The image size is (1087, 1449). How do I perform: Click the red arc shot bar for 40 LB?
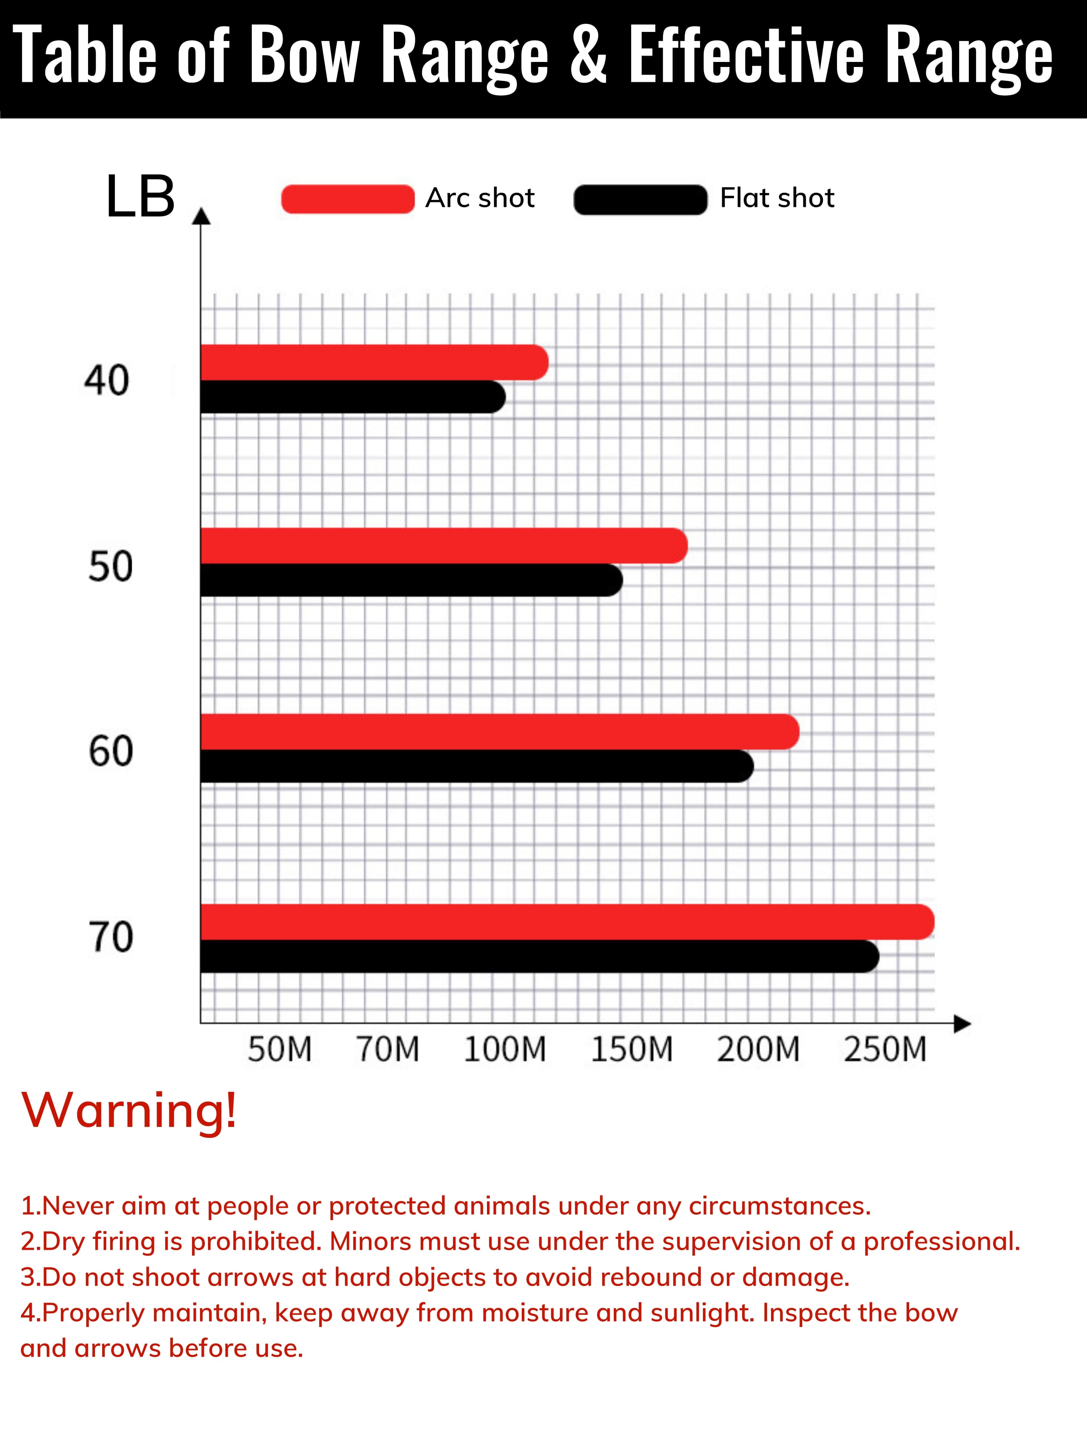pos(374,362)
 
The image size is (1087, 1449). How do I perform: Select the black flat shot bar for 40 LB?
pos(353,397)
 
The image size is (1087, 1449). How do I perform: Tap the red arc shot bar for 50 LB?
pos(443,546)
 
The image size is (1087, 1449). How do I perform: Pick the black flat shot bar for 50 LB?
pos(411,580)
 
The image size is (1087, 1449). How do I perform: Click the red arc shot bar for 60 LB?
pos(499,732)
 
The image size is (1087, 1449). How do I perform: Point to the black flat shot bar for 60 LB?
pos(476,766)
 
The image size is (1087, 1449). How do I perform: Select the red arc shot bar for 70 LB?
pos(567,922)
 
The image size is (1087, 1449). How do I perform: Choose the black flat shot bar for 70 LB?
pos(539,956)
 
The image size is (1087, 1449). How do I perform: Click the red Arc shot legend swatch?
pos(348,199)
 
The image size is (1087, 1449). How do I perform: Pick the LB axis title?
pos(140,196)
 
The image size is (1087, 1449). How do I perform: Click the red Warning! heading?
pos(129,1110)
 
